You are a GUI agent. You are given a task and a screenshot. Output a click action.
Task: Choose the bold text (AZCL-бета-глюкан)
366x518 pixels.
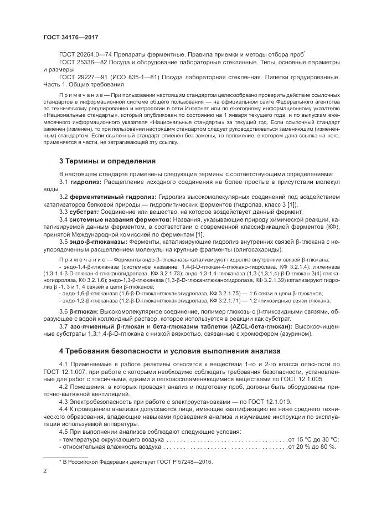click(246, 327)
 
